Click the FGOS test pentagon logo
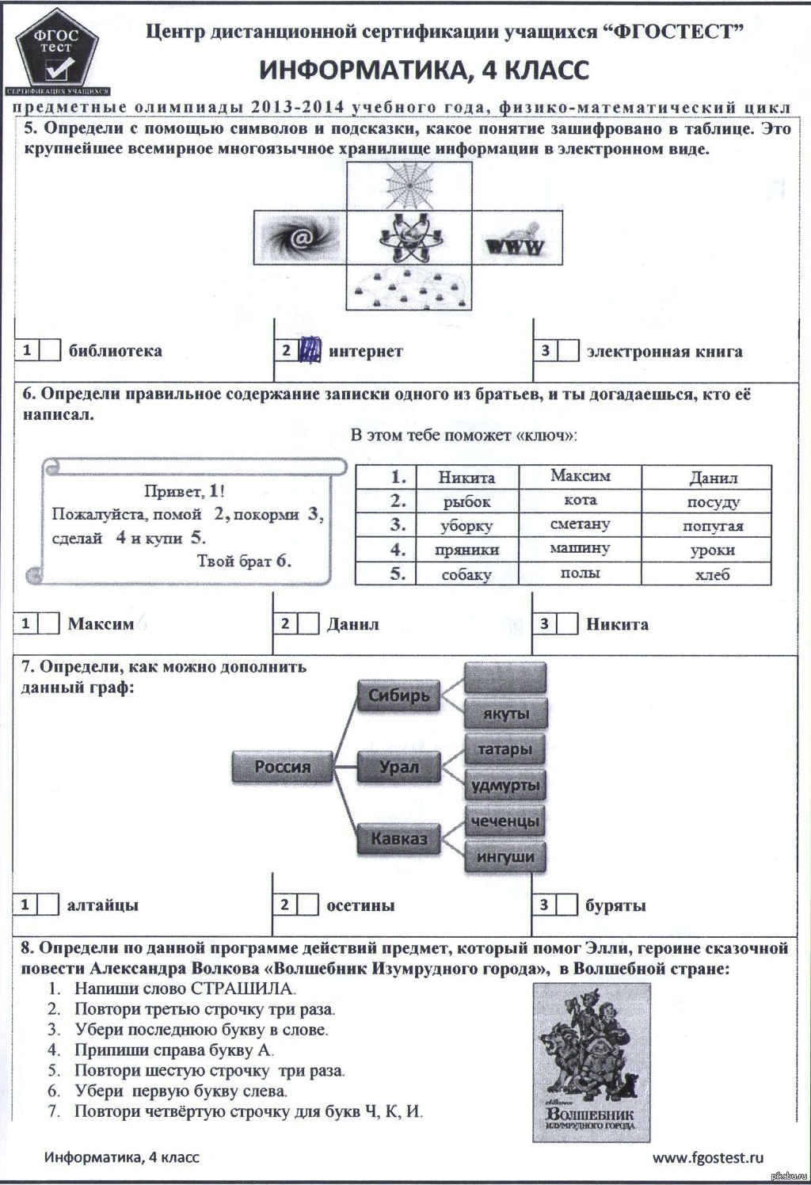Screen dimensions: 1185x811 pos(56,55)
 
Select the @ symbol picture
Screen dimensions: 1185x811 pos(299,237)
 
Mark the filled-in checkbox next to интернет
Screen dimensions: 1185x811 pos(310,349)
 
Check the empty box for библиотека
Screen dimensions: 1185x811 pos(49,350)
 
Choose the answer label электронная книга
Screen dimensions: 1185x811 pos(664,352)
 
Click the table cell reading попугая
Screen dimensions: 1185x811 pos(713,526)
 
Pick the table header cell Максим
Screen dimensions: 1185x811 pos(580,476)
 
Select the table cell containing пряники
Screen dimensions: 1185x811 pos(466,550)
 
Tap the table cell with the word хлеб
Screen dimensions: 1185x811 pos(712,574)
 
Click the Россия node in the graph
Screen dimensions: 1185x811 pos(283,767)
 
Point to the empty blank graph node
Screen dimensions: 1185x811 pos(505,677)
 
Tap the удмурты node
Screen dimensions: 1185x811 pos(505,785)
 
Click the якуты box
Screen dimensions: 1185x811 pos(505,713)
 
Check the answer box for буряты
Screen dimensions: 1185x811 pos(567,905)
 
